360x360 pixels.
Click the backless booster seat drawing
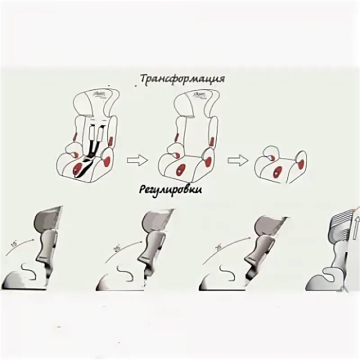[279, 165]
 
